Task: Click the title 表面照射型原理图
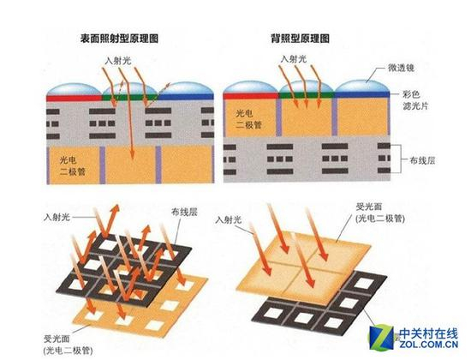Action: tap(119, 39)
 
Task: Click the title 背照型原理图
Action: tap(300, 39)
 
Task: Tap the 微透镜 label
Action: tap(401, 69)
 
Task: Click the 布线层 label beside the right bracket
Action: tap(422, 160)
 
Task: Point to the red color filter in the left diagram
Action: tap(75, 98)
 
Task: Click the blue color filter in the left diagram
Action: tap(186, 97)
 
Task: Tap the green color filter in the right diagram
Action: tap(306, 95)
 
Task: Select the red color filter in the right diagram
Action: tap(251, 96)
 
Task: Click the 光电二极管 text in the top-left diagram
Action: tap(73, 166)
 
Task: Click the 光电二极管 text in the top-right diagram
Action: tap(248, 119)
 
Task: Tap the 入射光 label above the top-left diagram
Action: tap(118, 61)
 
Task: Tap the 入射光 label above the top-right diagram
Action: tap(294, 59)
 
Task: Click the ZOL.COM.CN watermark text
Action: tap(429, 344)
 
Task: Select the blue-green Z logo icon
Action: tap(381, 337)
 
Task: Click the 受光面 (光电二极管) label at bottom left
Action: tap(69, 345)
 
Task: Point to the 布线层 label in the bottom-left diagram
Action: tap(184, 212)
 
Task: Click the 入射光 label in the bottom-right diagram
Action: tap(229, 220)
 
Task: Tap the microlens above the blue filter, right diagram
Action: tap(362, 87)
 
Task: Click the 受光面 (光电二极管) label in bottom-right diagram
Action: tap(380, 213)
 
